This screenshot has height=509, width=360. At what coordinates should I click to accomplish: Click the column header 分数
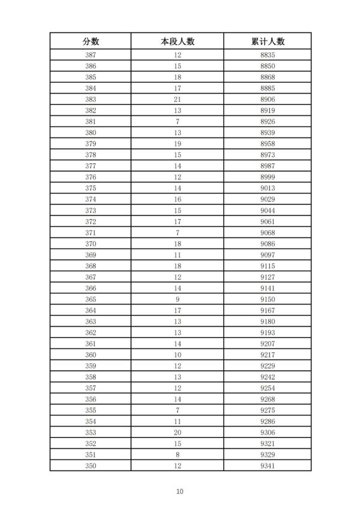click(x=91, y=41)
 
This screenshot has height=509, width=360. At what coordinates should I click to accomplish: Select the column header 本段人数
click(x=178, y=41)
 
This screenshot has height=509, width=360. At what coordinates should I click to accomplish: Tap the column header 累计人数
click(x=268, y=41)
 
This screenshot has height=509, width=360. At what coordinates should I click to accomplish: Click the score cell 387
click(x=91, y=55)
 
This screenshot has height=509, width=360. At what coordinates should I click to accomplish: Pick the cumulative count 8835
click(x=268, y=55)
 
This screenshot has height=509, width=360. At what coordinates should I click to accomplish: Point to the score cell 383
click(x=91, y=99)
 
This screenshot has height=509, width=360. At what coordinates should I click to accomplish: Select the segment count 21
click(x=178, y=99)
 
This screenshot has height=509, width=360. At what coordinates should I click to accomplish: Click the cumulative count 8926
click(x=268, y=121)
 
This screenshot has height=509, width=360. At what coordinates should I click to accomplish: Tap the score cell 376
click(x=91, y=177)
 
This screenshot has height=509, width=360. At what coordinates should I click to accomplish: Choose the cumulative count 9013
click(x=268, y=188)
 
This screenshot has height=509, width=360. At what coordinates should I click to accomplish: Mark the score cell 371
click(x=91, y=232)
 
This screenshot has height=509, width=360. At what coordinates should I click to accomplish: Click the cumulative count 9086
click(x=268, y=244)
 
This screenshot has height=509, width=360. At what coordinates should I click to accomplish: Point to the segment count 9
click(x=178, y=299)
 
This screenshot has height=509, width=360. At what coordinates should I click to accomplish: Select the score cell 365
click(x=91, y=299)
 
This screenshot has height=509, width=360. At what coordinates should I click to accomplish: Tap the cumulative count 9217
click(x=268, y=355)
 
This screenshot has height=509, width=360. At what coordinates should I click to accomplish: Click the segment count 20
click(x=178, y=432)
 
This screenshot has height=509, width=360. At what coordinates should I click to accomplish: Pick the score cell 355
click(x=91, y=410)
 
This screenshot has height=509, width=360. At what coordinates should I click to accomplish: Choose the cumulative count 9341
click(x=268, y=466)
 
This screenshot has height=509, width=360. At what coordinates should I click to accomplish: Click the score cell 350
click(x=91, y=466)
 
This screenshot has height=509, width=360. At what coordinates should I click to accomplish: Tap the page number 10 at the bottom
click(x=179, y=492)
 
